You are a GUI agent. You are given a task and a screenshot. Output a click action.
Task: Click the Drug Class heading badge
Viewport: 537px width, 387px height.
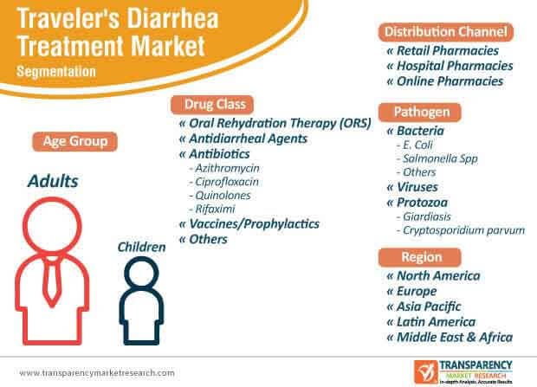click(212, 105)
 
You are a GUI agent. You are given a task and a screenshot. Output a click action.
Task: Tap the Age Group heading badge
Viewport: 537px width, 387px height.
click(75, 141)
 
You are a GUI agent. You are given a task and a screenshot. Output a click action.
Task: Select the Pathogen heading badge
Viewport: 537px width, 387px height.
click(420, 112)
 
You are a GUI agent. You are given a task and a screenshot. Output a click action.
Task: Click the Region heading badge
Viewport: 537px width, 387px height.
click(420, 257)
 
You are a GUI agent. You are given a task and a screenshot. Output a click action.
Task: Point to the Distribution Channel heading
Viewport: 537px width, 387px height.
click(446, 32)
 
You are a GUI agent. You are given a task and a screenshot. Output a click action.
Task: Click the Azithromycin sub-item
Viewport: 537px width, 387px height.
click(224, 168)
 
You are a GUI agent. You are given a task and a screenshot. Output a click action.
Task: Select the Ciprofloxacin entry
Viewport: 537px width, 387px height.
click(224, 182)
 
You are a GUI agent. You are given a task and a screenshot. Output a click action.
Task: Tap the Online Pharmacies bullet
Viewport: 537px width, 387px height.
click(445, 81)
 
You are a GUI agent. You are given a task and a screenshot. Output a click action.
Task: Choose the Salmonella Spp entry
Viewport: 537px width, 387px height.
click(437, 158)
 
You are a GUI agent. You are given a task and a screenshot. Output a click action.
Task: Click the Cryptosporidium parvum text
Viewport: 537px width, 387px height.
click(461, 230)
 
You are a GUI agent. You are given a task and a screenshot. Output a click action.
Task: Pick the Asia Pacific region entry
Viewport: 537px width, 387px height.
click(424, 306)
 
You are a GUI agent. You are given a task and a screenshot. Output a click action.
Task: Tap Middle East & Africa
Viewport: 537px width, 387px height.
click(450, 337)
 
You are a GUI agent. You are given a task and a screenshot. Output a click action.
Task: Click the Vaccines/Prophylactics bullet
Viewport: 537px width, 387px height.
click(249, 224)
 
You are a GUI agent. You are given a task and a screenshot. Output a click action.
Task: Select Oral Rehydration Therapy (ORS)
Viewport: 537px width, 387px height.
click(275, 123)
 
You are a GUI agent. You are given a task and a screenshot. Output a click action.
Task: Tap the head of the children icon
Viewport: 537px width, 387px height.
click(141, 273)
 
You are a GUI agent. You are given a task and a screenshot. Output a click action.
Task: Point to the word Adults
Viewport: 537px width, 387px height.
click(53, 181)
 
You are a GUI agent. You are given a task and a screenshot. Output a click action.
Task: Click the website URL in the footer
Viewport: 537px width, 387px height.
click(97, 372)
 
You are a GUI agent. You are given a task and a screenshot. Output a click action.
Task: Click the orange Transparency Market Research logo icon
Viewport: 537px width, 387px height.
click(425, 372)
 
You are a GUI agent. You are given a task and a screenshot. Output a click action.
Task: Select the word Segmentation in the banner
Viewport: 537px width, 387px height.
click(56, 72)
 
